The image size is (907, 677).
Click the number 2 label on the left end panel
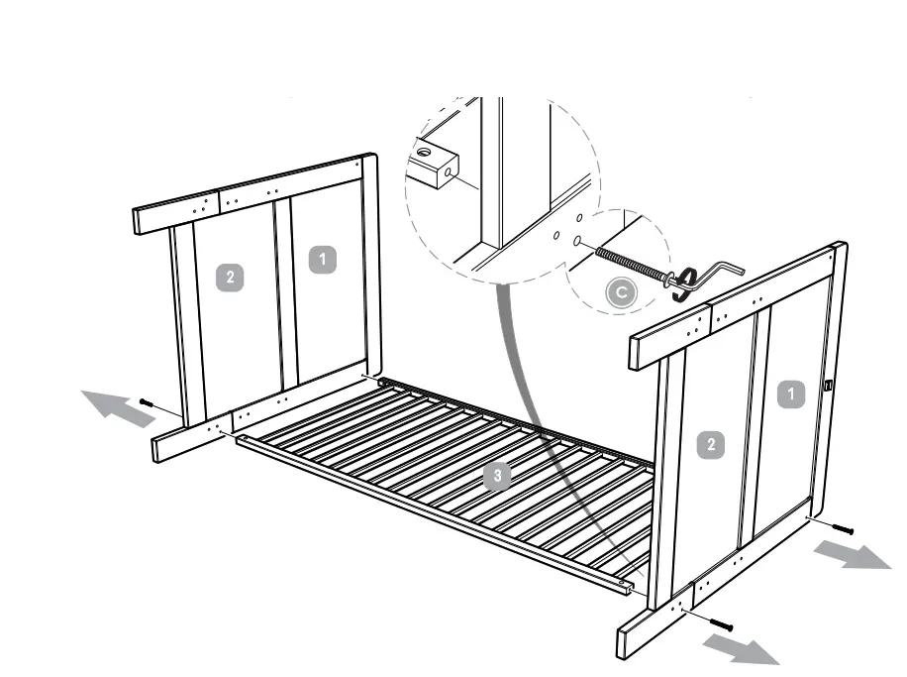(x=230, y=278)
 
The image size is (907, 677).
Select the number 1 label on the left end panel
(x=321, y=260)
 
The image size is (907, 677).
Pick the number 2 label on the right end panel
(x=710, y=445)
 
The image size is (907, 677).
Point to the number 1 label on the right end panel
(x=791, y=395)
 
